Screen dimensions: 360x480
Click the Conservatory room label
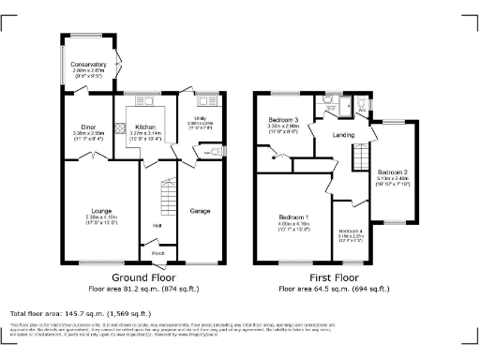90,65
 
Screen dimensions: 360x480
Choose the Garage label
200,211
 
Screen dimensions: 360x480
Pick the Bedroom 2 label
392,173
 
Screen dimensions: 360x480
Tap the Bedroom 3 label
283,121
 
